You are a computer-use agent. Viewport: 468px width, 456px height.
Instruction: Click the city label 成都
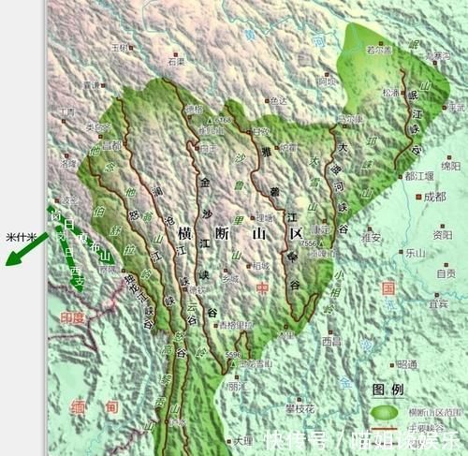pyautogui.click(x=434, y=197)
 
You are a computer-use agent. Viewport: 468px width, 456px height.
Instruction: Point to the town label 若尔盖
pyautogui.click(x=378, y=50)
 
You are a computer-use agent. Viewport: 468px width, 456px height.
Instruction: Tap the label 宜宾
pyautogui.click(x=438, y=303)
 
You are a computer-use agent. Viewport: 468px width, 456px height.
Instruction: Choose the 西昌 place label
pyautogui.click(x=331, y=342)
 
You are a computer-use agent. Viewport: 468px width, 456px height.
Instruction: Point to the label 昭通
pyautogui.click(x=405, y=363)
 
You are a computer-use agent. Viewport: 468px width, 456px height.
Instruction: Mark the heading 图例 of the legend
pyautogui.click(x=388, y=389)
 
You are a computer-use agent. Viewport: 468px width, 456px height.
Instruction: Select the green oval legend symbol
pyautogui.click(x=385, y=411)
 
